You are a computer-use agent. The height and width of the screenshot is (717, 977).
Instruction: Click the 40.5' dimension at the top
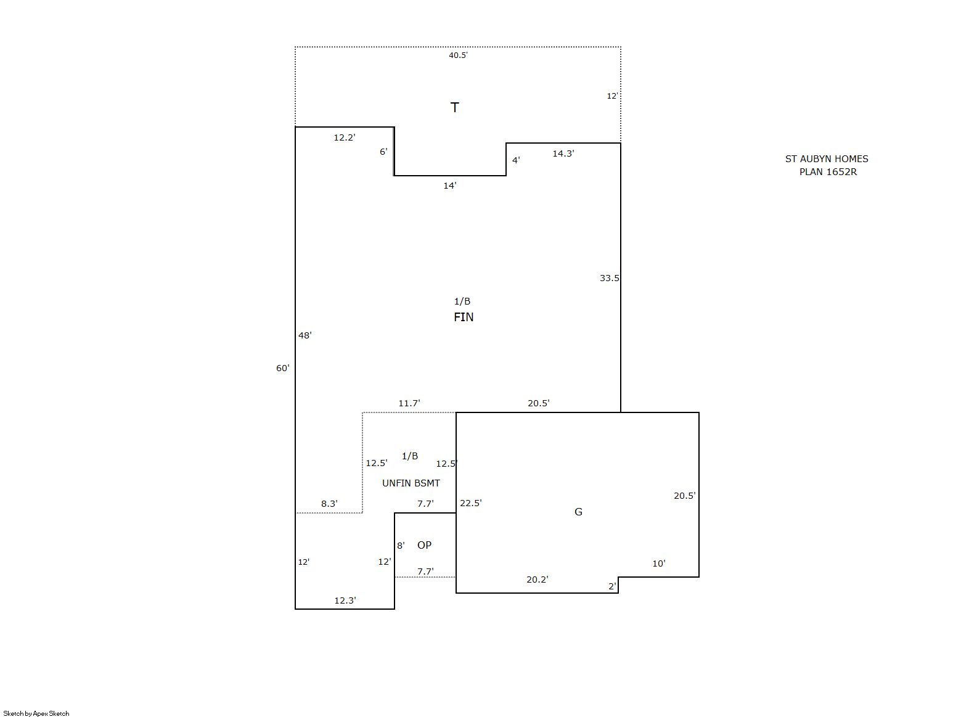click(458, 55)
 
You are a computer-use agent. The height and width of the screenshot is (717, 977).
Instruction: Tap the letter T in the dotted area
click(454, 107)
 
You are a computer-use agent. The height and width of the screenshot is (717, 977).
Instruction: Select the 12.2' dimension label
click(345, 137)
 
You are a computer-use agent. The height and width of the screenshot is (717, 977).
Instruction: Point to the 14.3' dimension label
click(563, 154)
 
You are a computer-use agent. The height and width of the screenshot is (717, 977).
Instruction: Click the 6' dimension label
click(383, 152)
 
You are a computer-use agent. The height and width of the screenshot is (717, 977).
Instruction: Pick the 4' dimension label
click(516, 160)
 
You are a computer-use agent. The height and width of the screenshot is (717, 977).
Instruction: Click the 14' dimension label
click(450, 186)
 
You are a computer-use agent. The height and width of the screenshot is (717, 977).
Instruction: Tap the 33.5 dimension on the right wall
click(610, 278)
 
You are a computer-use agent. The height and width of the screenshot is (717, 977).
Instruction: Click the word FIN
click(463, 317)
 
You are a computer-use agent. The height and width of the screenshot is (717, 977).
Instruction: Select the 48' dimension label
click(305, 335)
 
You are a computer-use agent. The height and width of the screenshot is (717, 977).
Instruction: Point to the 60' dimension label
click(283, 368)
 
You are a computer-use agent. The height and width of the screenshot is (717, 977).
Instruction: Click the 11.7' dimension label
click(409, 403)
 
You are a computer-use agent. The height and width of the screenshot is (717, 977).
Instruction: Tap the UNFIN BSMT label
click(411, 483)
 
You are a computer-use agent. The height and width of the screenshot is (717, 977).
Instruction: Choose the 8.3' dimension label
click(329, 504)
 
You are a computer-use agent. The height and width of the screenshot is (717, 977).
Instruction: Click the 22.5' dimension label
click(470, 503)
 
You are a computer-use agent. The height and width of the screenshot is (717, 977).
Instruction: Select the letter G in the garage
click(578, 512)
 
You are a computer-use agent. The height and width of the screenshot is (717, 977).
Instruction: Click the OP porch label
click(424, 545)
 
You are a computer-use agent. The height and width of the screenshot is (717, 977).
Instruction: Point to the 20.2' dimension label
click(538, 580)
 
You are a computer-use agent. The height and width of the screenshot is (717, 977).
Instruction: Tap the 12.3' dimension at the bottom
click(345, 600)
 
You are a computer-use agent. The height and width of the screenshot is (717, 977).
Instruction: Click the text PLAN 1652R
click(828, 172)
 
